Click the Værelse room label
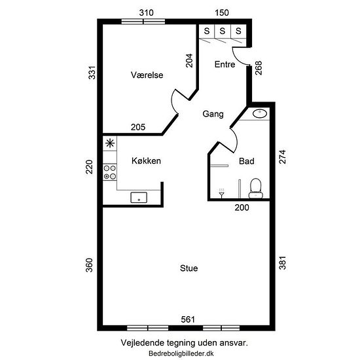[x=147, y=75]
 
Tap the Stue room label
[x=189, y=268]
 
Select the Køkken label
[x=146, y=161]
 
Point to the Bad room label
[x=247, y=161]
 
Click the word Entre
[x=225, y=64]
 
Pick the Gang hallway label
[x=213, y=114]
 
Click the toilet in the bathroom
[x=256, y=189]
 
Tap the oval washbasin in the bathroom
[x=260, y=113]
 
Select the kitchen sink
[x=139, y=198]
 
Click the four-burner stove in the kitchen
[x=110, y=172]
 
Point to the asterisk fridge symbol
[x=110, y=143]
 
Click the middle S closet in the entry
[x=223, y=31]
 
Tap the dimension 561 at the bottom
[x=188, y=319]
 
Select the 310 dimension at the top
[x=146, y=12]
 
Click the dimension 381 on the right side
[x=282, y=262]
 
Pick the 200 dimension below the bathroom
[x=242, y=207]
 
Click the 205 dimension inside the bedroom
[x=138, y=127]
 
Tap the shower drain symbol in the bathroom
[x=221, y=193]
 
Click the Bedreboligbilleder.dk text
[x=181, y=353]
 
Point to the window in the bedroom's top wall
[x=143, y=22]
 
